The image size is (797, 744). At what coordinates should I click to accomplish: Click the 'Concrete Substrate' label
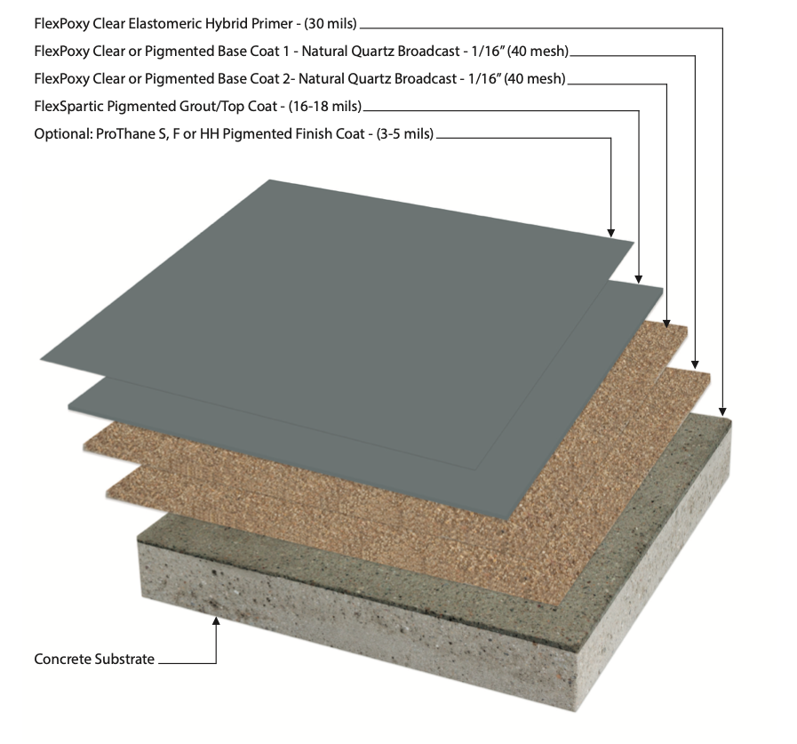94,659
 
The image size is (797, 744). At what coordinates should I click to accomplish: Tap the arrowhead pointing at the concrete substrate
216,620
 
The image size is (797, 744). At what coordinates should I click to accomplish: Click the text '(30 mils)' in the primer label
331,24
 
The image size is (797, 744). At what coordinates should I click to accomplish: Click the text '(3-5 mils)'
404,133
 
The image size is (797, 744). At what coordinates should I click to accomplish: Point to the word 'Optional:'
63,134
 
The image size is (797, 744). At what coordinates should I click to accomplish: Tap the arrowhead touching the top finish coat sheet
611,233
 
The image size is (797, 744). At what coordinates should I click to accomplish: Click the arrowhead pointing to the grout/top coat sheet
639,279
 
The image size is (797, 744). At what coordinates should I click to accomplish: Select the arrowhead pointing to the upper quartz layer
667,323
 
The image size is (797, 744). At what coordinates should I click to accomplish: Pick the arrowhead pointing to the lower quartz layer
696,364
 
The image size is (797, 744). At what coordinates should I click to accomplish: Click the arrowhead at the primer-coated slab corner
722,412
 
